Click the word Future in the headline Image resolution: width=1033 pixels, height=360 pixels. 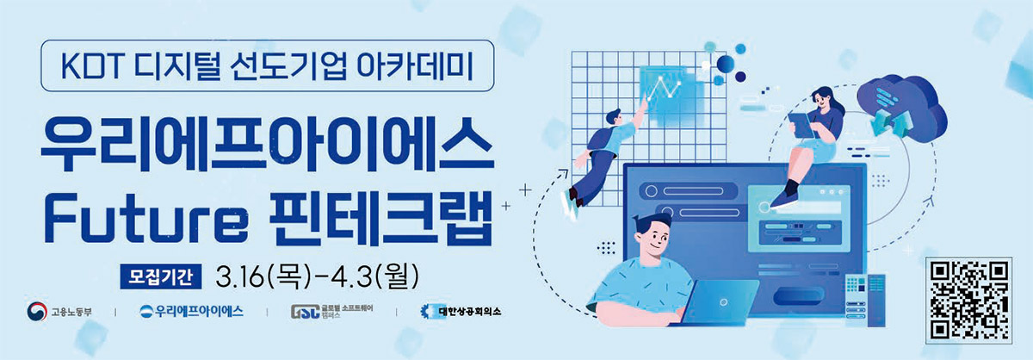click(x=145, y=218)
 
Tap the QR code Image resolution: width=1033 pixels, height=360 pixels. click(x=969, y=301)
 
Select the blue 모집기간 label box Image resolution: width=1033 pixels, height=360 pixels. click(x=161, y=277)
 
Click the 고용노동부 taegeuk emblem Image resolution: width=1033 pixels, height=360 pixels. click(x=37, y=312)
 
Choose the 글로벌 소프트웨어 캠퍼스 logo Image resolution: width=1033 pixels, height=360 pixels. click(x=331, y=312)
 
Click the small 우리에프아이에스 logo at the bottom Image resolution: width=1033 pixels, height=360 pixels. click(x=191, y=312)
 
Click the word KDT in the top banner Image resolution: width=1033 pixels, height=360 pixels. click(x=91, y=66)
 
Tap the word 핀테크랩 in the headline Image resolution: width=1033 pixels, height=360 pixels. click(x=382, y=219)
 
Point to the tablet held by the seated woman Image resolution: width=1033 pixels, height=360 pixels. click(x=801, y=125)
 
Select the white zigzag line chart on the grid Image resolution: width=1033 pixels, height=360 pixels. click(x=664, y=88)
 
